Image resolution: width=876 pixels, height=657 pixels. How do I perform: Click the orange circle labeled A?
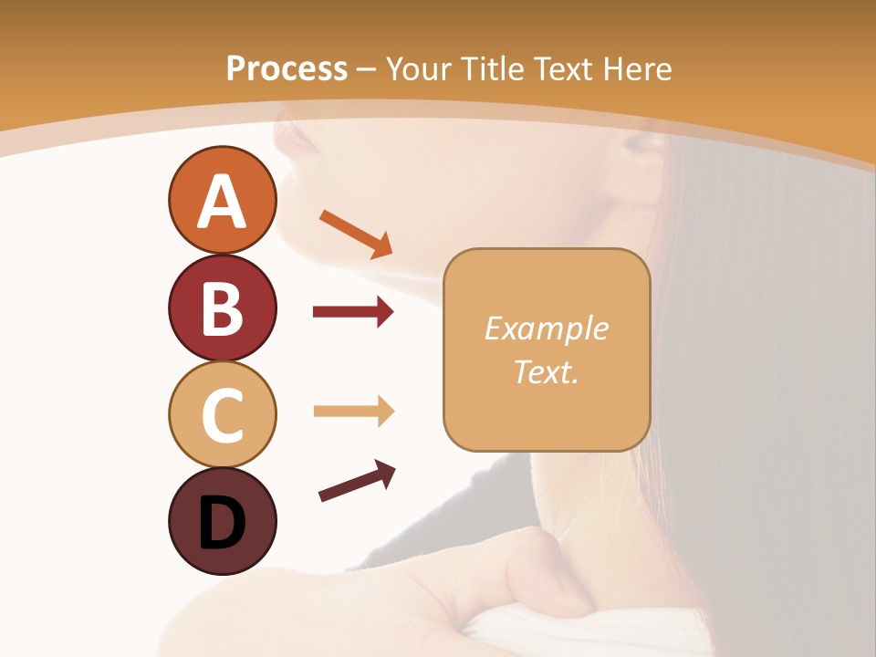[x=222, y=201]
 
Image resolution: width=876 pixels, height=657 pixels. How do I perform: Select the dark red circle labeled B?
[x=222, y=308]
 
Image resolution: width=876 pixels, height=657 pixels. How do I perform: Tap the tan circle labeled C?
[x=222, y=414]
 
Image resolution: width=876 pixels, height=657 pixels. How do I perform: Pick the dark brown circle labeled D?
[x=222, y=521]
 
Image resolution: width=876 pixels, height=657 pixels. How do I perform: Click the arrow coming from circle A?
[x=355, y=233]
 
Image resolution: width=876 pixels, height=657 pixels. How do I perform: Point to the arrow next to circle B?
[x=352, y=313]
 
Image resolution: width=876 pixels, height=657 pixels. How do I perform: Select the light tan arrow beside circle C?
[x=353, y=412]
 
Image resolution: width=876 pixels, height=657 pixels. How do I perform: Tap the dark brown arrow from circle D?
[x=357, y=481]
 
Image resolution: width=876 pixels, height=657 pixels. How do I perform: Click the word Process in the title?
[x=287, y=68]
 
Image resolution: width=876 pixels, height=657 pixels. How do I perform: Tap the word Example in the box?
[x=546, y=328]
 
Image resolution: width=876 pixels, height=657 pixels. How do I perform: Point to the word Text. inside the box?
[x=546, y=372]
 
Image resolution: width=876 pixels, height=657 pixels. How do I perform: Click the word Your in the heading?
[x=419, y=68]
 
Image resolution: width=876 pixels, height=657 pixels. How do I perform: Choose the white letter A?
[x=222, y=201]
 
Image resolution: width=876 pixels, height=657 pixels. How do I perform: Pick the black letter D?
[x=222, y=523]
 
